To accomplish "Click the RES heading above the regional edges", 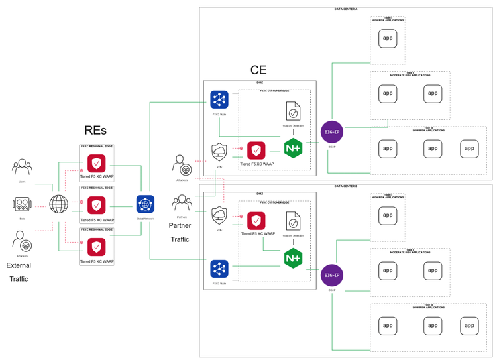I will pos(95,131).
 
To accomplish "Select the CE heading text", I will pos(258,70).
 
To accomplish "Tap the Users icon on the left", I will pos(23,168).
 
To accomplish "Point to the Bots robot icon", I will pos(23,204).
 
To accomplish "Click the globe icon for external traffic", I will pos(59,204).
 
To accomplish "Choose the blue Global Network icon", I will pos(145,204).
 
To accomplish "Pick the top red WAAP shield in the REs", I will pos(97,163).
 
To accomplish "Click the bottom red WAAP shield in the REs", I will pos(97,247).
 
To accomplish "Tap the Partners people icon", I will pos(182,203).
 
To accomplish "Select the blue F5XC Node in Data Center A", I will pos(219,99).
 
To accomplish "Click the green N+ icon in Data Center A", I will pos(294,147).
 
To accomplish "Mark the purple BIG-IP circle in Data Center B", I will pos(331,274).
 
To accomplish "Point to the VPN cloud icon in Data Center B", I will pos(219,216).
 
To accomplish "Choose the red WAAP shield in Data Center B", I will pos(256,220).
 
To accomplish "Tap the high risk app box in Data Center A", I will pos(388,38).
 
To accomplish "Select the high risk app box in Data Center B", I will pos(388,215).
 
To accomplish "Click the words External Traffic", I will pos(19,272).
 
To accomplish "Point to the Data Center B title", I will pos(346,187).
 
